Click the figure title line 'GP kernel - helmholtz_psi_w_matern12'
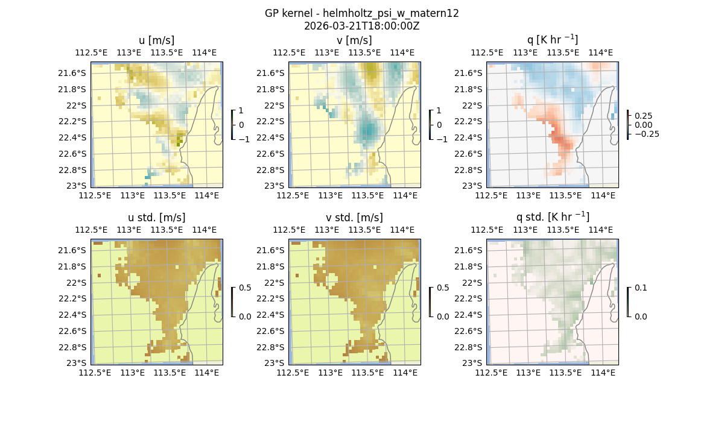click(x=361, y=13)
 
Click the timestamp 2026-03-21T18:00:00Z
click(x=361, y=26)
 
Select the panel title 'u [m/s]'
click(x=156, y=40)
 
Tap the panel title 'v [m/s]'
click(x=354, y=40)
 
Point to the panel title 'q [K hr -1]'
click(x=552, y=40)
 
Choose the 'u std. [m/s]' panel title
click(x=156, y=218)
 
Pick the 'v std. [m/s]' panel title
click(x=354, y=218)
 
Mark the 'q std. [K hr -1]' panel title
click(x=552, y=217)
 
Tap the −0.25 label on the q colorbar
click(x=646, y=134)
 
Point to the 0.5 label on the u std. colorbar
click(x=245, y=288)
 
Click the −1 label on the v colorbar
click(x=443, y=139)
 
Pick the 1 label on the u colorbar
click(x=242, y=111)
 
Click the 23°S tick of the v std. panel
click(x=277, y=363)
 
